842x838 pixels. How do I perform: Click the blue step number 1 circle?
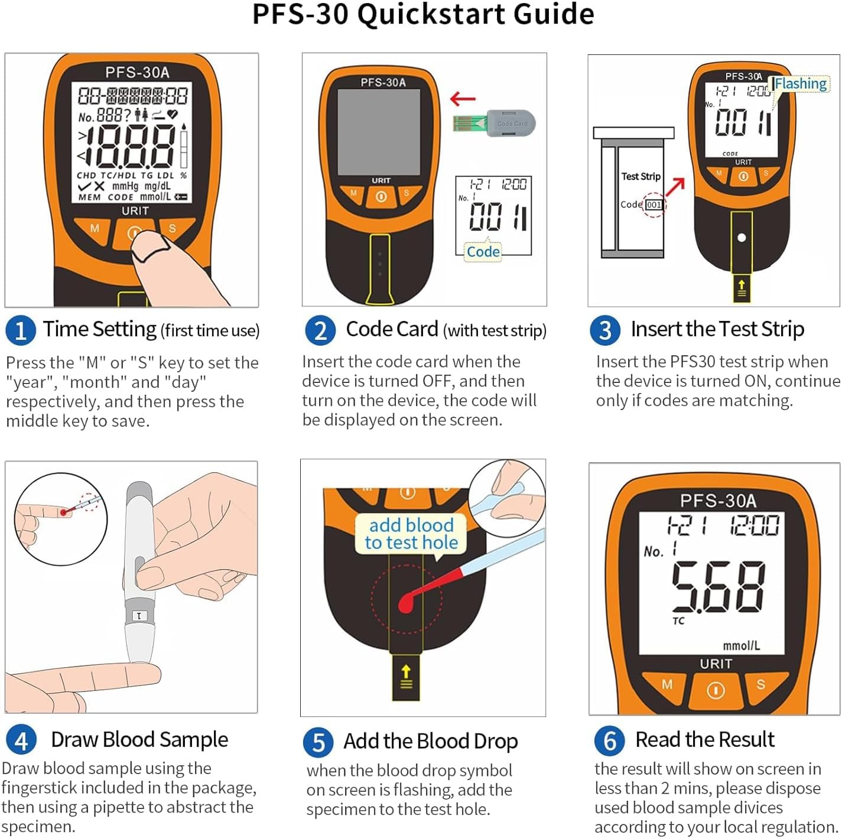click(x=21, y=330)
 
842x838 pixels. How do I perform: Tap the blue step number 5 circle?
click(x=318, y=742)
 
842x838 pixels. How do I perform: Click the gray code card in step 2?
click(x=511, y=124)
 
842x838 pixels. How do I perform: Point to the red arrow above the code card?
click(x=462, y=99)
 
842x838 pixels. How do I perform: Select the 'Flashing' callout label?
click(x=801, y=83)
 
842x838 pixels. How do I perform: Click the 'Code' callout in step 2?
click(x=483, y=252)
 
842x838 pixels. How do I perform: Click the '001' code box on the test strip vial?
click(x=654, y=204)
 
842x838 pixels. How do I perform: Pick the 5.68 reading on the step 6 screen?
click(x=718, y=587)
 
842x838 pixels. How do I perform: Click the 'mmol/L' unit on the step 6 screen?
click(x=742, y=645)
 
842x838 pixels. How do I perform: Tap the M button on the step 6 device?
click(x=667, y=684)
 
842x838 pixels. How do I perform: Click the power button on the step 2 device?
click(x=381, y=197)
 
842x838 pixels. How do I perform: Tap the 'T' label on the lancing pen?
click(x=139, y=616)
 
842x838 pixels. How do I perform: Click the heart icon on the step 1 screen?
click(x=172, y=114)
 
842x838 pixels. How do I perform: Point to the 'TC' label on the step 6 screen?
click(x=678, y=621)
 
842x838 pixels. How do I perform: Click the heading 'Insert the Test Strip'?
click(x=717, y=329)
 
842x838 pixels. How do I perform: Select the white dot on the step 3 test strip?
click(x=742, y=238)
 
